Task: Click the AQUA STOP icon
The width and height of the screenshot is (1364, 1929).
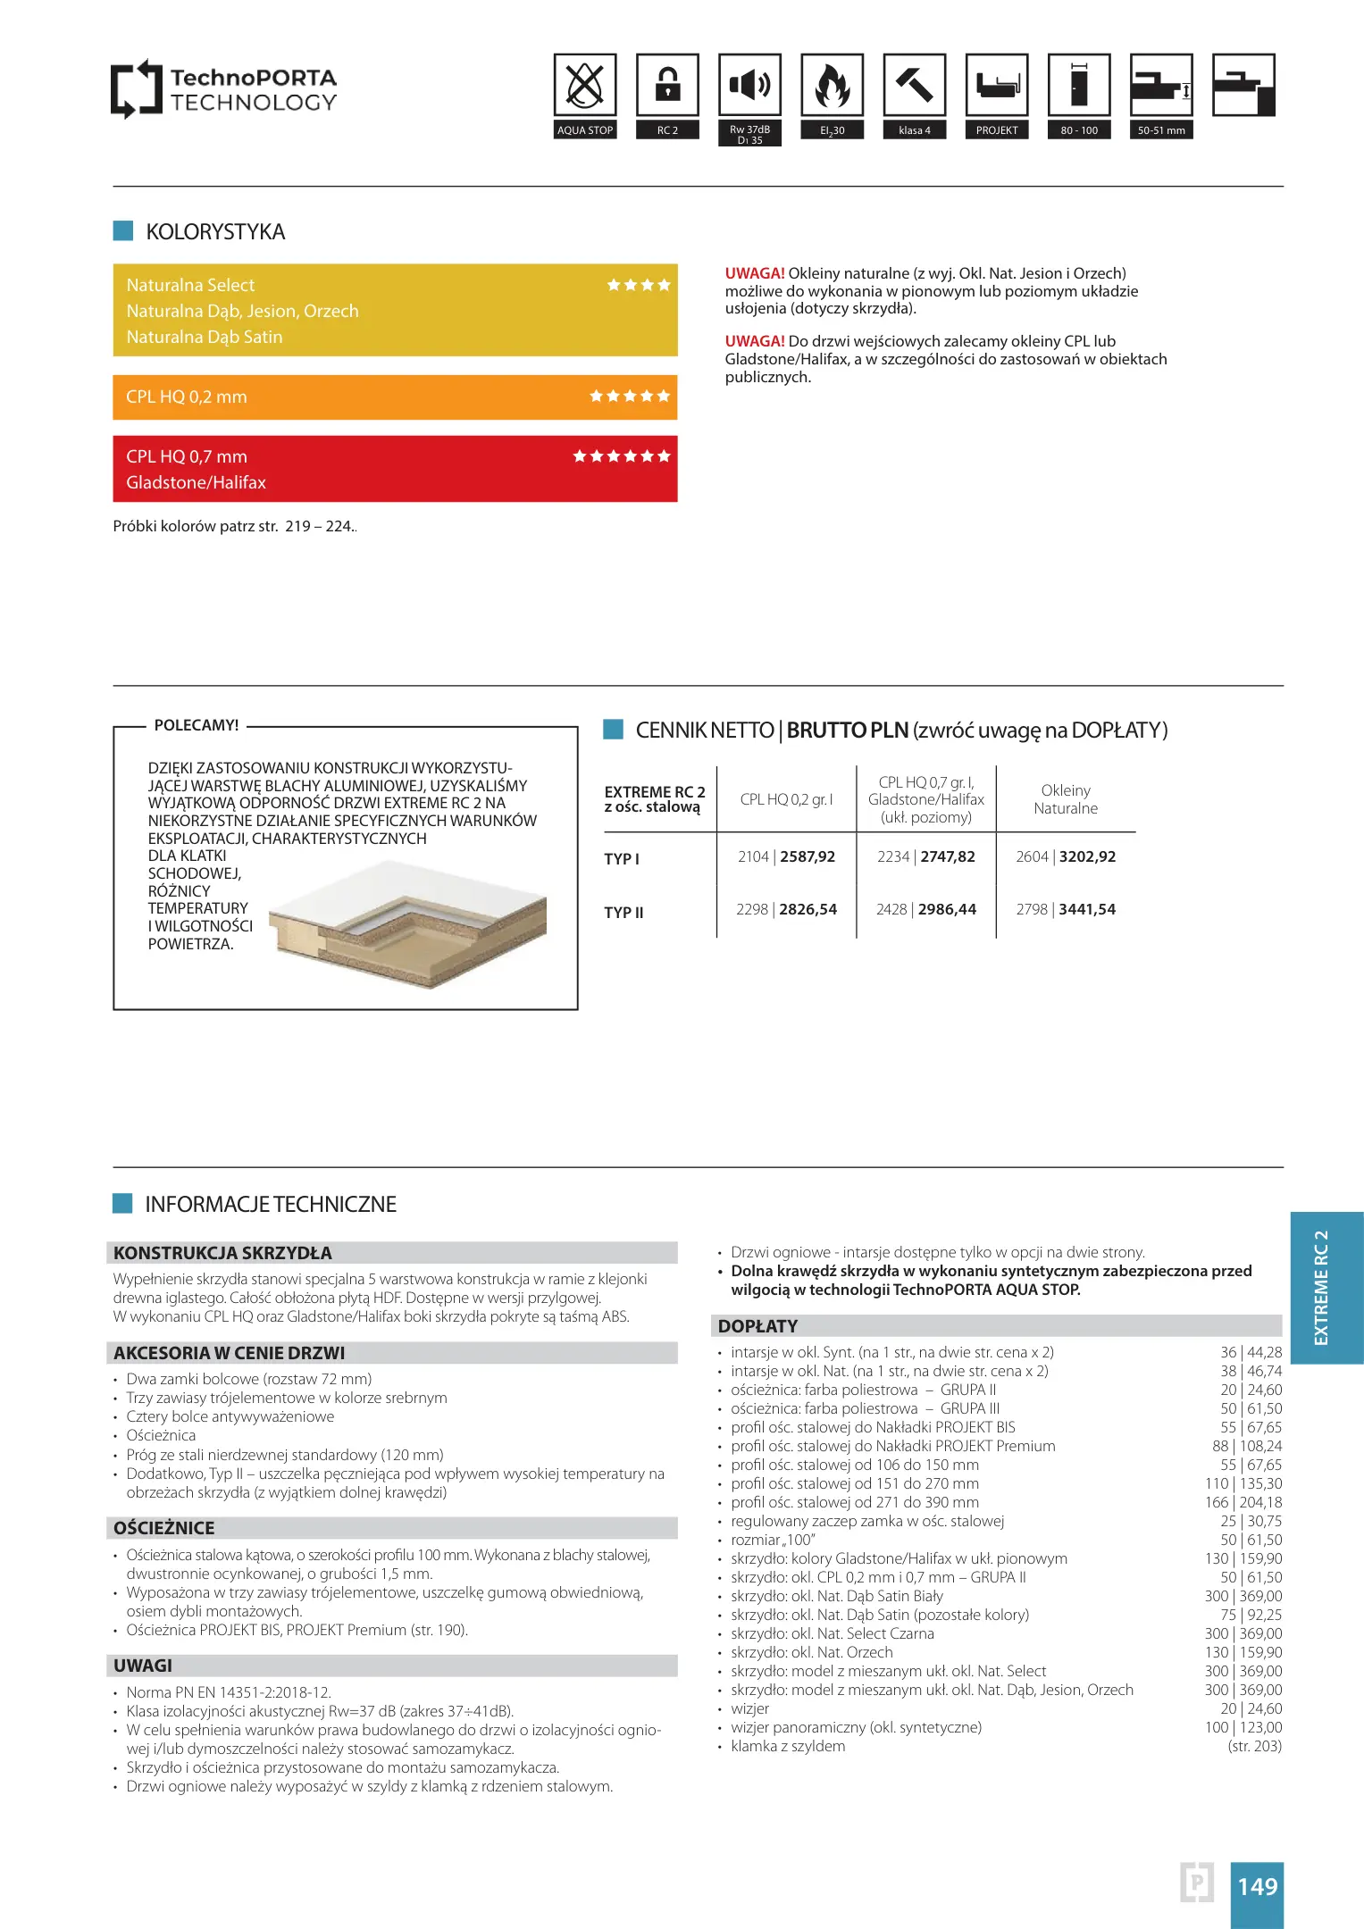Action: (585, 86)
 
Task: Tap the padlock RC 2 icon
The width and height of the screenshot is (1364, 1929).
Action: (667, 86)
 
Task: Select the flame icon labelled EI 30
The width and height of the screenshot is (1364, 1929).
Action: (832, 86)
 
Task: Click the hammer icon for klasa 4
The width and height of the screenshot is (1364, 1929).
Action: (914, 86)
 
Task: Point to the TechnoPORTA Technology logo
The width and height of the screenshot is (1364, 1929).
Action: (224, 89)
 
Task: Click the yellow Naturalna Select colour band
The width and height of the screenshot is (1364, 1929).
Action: (395, 310)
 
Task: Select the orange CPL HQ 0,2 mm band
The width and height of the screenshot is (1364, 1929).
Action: (395, 397)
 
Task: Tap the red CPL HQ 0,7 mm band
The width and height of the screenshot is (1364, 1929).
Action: (395, 469)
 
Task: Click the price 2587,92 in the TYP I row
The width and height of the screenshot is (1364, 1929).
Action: (808, 856)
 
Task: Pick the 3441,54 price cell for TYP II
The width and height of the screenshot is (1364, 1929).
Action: (1087, 909)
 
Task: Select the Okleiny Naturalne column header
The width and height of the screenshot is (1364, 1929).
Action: (1066, 799)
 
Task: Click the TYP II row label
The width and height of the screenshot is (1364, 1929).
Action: (623, 913)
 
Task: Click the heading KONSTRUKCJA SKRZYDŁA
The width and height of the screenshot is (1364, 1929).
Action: (222, 1253)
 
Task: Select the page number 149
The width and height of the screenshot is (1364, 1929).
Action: (1257, 1886)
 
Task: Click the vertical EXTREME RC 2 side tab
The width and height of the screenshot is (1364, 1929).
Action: (1322, 1287)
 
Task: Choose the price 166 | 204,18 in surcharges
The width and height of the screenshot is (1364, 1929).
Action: (1243, 1502)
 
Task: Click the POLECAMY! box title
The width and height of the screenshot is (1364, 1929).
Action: (197, 725)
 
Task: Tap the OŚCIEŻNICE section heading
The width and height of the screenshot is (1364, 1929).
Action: (164, 1528)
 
